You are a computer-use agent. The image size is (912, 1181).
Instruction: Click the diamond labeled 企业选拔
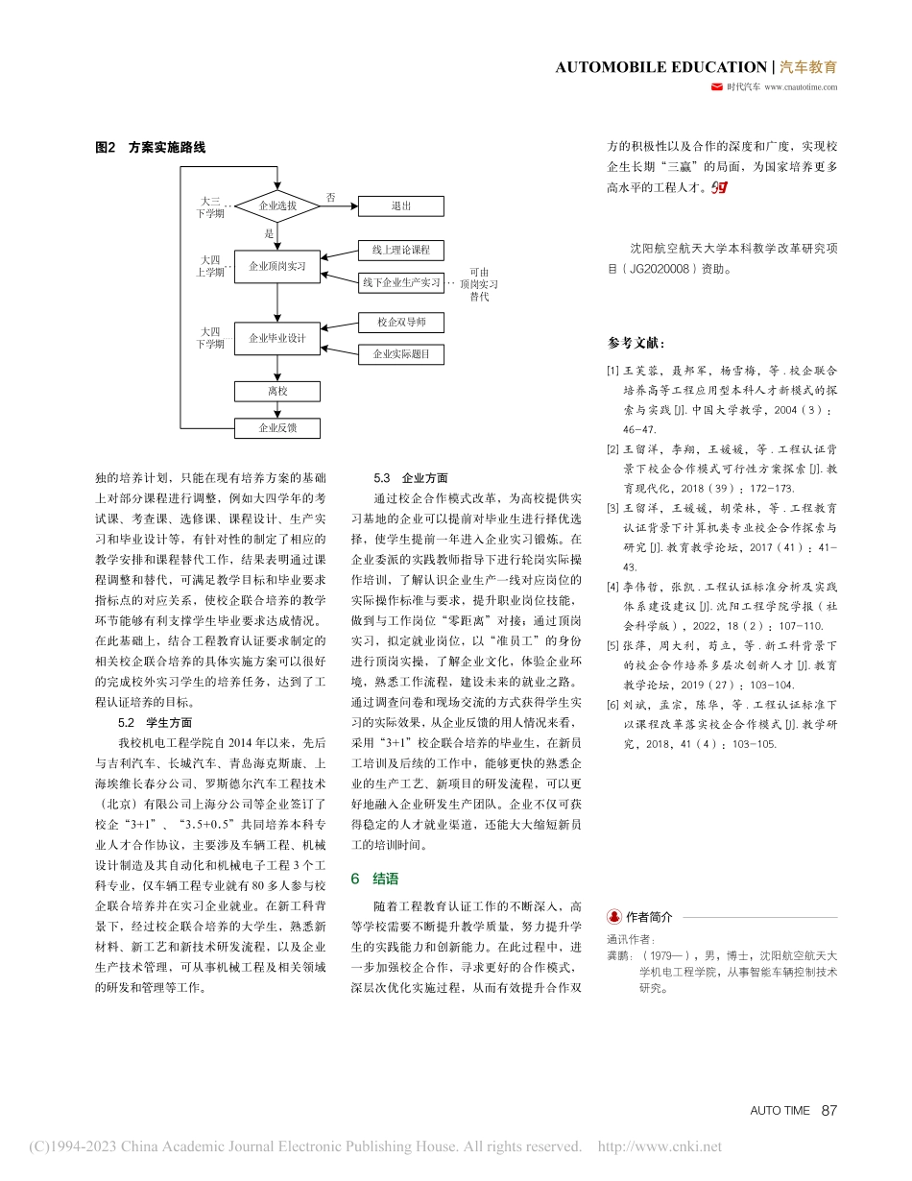tap(277, 205)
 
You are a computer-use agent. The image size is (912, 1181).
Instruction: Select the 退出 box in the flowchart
tap(401, 205)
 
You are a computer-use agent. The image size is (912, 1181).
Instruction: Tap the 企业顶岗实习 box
tap(277, 266)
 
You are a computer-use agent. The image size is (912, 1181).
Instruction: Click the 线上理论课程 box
tap(401, 250)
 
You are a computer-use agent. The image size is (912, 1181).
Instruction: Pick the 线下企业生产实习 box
tap(401, 282)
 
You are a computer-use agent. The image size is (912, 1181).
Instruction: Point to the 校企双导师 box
tap(401, 322)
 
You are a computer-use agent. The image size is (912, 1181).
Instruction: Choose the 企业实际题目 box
tap(401, 353)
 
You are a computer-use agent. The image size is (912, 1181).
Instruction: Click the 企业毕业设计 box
tap(277, 338)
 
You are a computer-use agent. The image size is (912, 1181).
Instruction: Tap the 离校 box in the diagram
tap(277, 391)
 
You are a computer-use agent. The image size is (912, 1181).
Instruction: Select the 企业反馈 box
tap(277, 428)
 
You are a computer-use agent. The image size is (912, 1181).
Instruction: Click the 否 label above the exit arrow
tap(330, 196)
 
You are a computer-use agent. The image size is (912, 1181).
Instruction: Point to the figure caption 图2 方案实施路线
tap(151, 147)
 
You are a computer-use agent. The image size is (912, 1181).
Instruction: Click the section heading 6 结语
tap(374, 879)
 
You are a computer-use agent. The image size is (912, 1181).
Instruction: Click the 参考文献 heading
tap(636, 344)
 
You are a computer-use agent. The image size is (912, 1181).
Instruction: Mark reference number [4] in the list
tap(612, 586)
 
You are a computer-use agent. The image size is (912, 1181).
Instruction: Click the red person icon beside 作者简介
tap(613, 917)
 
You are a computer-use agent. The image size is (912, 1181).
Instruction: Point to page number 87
tap(829, 1110)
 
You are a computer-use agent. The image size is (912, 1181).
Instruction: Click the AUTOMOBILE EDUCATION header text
tap(660, 67)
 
